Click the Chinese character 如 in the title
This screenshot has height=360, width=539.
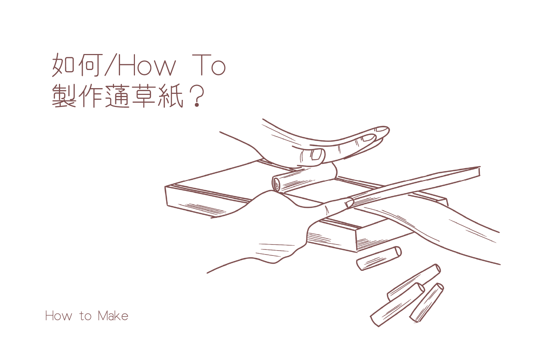point(63,65)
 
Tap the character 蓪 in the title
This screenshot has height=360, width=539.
point(118,96)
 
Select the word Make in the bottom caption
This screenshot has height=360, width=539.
point(113,316)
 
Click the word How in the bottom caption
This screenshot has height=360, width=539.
point(59,316)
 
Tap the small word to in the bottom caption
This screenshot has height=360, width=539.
point(86,316)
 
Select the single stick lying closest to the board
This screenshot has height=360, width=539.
point(379,258)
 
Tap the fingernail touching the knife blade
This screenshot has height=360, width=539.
point(349,203)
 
